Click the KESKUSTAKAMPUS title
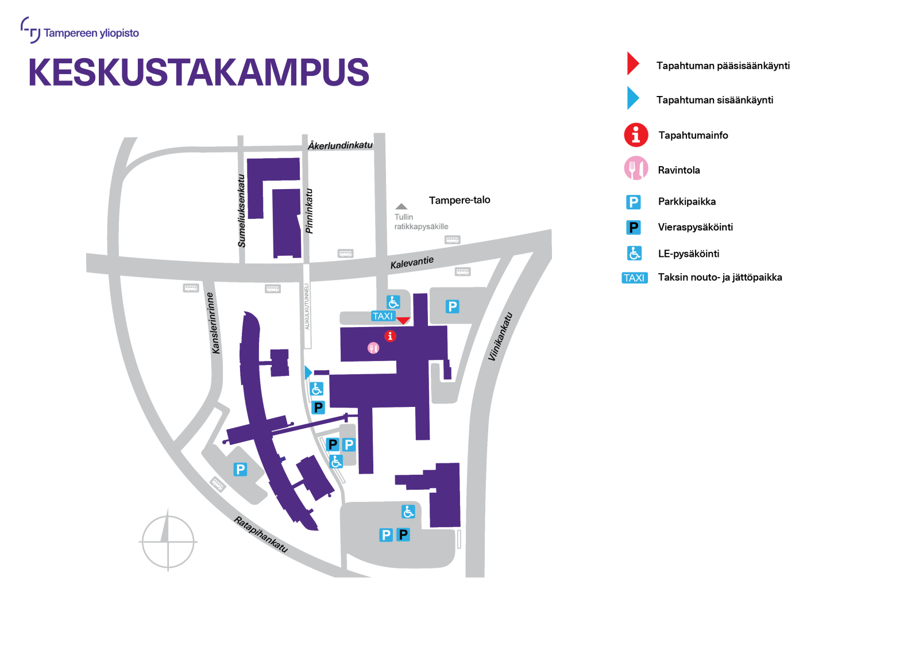198,72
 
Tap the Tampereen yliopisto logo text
91,33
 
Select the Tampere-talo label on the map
459,200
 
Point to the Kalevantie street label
412,262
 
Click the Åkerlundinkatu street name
340,145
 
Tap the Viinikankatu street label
500,336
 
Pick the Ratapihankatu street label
261,534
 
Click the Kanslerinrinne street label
213,323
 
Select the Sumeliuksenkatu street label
242,210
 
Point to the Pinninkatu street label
309,211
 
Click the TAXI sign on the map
383,316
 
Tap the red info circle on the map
390,336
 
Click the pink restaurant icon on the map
373,348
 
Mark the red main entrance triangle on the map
404,320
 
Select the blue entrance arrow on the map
308,372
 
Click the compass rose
168,541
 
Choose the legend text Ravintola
678,170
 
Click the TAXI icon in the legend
634,278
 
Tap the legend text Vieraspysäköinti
695,227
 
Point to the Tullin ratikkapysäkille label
420,221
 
